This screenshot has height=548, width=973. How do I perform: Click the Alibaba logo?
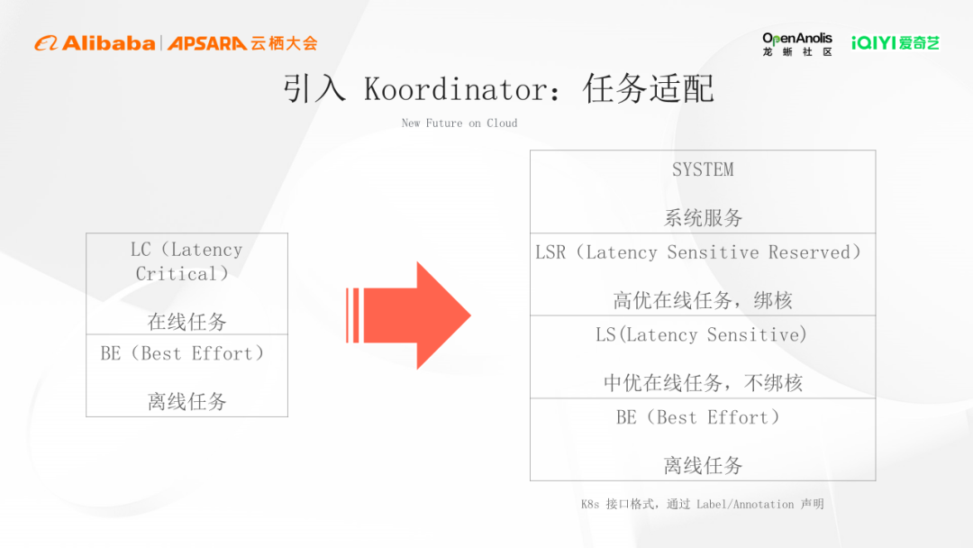pos(95,43)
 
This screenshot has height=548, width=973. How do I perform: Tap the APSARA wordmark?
pos(207,43)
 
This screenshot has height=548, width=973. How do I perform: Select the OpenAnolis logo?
pos(797,44)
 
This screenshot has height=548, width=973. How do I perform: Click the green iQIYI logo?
pos(896,43)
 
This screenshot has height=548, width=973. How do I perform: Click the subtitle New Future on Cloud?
pos(459,123)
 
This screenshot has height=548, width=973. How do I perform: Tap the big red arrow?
pos(408,315)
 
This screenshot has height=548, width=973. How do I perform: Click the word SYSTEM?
pos(703,169)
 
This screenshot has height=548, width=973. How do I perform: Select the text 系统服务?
pos(703,218)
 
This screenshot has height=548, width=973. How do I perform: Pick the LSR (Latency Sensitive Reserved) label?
pos(698,252)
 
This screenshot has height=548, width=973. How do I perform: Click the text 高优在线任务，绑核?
pos(703,300)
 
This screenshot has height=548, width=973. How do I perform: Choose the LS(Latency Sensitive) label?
pos(701,335)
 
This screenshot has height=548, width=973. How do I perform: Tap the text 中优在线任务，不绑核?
pos(703,383)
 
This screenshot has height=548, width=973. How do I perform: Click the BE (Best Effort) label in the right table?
pos(698,417)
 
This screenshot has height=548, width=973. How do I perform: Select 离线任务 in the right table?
pos(703,465)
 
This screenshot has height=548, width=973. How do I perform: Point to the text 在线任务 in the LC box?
pos(186,322)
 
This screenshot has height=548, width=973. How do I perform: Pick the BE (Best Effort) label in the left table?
pos(182,353)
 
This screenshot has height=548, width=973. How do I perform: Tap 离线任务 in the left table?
pos(186,401)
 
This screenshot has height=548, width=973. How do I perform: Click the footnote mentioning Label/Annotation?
pos(703,504)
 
